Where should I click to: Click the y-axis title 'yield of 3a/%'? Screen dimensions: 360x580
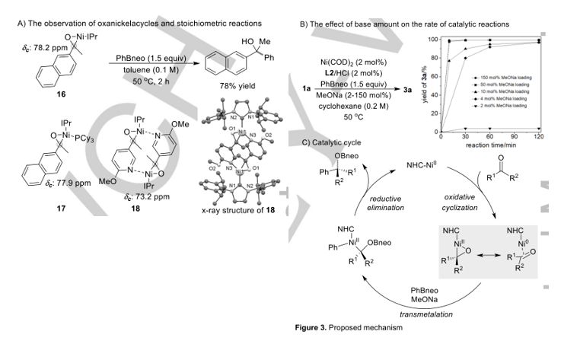pos(418,84)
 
